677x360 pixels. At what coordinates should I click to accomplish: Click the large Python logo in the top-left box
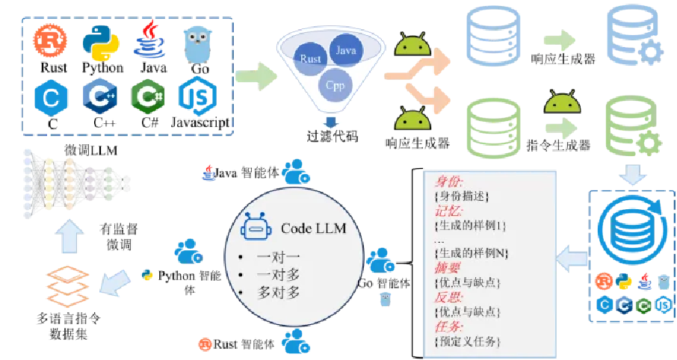click(100, 43)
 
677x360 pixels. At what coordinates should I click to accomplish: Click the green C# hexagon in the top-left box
click(148, 96)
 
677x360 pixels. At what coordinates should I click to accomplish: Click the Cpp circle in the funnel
click(334, 84)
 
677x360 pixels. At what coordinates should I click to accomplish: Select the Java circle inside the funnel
click(344, 51)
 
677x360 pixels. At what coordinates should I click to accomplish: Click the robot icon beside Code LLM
click(256, 226)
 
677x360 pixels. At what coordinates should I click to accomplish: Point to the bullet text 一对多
click(277, 274)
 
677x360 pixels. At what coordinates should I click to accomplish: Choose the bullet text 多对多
click(277, 292)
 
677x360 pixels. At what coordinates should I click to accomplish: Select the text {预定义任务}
click(467, 341)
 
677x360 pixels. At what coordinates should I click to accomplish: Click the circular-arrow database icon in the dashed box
click(631, 231)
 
